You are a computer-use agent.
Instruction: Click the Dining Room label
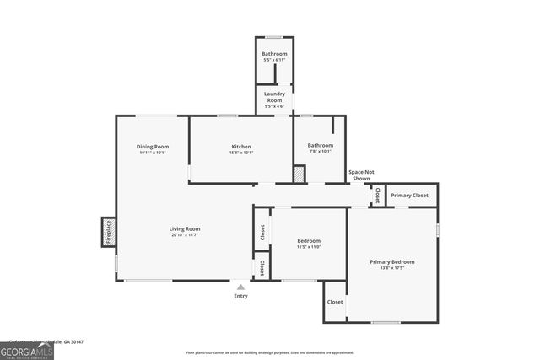pyautogui.click(x=153, y=147)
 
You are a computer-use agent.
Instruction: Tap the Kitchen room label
pyautogui.click(x=241, y=147)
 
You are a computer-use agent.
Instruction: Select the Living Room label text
pyautogui.click(x=185, y=228)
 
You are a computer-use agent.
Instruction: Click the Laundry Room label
pyautogui.click(x=274, y=97)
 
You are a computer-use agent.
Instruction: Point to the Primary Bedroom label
pyautogui.click(x=392, y=262)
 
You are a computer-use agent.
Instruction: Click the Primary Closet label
pyautogui.click(x=409, y=196)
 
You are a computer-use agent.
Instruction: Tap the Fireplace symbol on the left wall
pyautogui.click(x=108, y=232)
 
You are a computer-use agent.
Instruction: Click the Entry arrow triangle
pyautogui.click(x=240, y=287)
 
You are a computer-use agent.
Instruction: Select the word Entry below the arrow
pyautogui.click(x=240, y=296)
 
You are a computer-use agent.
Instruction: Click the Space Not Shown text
pyautogui.click(x=361, y=175)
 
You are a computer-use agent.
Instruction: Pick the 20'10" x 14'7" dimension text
pyautogui.click(x=185, y=235)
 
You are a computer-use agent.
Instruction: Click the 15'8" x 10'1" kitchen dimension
pyautogui.click(x=241, y=153)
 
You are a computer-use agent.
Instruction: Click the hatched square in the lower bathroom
pyautogui.click(x=299, y=174)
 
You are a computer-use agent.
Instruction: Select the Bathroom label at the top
pyautogui.click(x=274, y=54)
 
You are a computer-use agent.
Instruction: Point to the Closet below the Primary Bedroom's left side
pyautogui.click(x=335, y=302)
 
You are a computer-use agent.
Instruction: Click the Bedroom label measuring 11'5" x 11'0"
pyautogui.click(x=308, y=241)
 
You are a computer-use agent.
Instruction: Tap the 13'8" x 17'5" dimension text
pyautogui.click(x=392, y=269)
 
